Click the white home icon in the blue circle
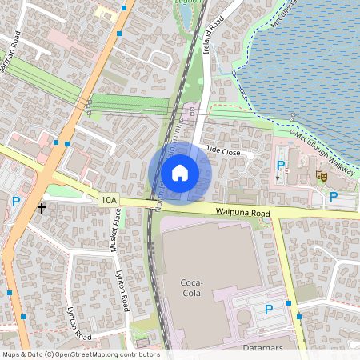click(180, 173)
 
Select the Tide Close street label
click(223, 150)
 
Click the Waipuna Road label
click(241, 212)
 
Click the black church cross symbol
click(41, 209)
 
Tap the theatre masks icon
click(322, 175)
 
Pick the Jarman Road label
click(10, 54)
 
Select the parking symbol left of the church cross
click(15, 203)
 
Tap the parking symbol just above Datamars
click(269, 310)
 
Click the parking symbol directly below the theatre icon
click(333, 196)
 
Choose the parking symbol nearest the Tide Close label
click(281, 166)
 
